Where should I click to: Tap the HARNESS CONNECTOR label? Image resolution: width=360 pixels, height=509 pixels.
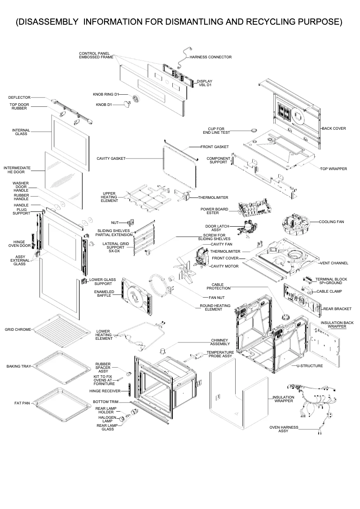(211, 57)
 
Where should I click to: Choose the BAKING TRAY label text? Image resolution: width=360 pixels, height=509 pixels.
(18, 366)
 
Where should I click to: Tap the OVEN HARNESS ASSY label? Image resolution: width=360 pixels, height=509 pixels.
(283, 429)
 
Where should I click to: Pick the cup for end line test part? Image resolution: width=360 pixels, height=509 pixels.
(254, 130)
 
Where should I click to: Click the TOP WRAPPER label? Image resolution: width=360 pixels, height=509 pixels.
(334, 169)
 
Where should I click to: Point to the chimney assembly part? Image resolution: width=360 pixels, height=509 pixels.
(163, 350)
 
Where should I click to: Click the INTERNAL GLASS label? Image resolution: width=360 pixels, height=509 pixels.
(21, 132)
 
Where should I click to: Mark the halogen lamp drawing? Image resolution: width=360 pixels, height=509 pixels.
(122, 419)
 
